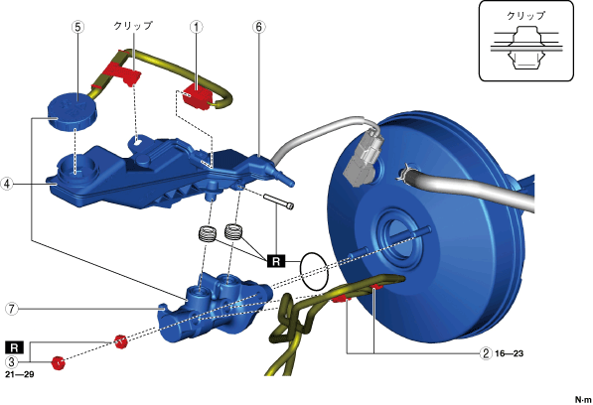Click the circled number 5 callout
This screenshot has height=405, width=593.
point(77,27)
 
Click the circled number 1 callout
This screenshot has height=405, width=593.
point(197,27)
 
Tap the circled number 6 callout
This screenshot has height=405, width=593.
point(258,27)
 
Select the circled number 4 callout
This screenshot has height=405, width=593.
point(7,184)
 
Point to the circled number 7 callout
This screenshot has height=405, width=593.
point(12,309)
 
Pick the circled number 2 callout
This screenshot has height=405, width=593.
point(486,353)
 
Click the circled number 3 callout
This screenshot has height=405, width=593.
point(12,361)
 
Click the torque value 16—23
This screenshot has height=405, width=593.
point(509,353)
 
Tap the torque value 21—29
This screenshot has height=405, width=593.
point(20,374)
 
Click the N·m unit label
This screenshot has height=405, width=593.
point(583,399)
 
